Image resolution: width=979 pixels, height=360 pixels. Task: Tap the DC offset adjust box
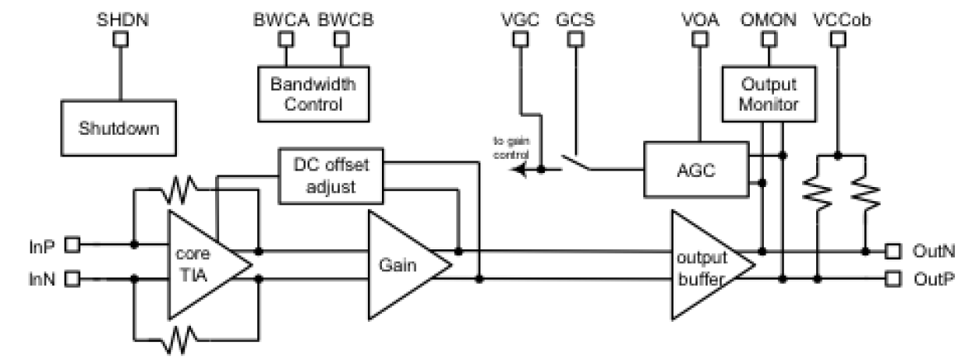coord(330,177)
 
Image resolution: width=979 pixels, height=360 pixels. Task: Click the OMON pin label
coord(769,19)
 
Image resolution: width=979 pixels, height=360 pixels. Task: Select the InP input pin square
coord(72,245)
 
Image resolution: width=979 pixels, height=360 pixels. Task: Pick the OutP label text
coord(929,278)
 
